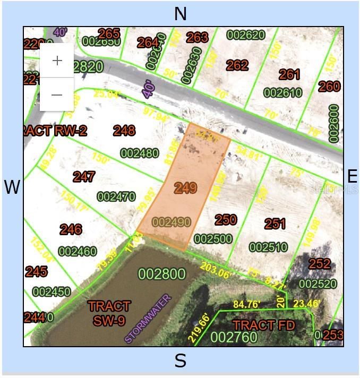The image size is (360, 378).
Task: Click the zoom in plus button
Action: click(57, 61)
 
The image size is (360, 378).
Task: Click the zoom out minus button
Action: click(57, 94)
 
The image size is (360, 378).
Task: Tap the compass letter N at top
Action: click(181, 14)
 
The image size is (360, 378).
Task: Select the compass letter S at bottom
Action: click(181, 361)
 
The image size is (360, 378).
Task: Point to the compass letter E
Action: click(352, 176)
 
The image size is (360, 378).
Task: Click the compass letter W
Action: click(12, 187)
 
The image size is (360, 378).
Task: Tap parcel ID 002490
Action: click(171, 222)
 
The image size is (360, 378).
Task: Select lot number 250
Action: click(225, 219)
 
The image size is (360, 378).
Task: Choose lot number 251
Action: click(275, 224)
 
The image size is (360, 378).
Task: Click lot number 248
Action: click(124, 130)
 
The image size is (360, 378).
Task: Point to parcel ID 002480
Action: click(140, 153)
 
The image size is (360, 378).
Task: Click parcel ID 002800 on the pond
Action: click(162, 274)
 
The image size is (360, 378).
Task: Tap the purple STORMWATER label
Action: click(149, 318)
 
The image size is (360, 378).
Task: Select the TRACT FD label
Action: click(261, 325)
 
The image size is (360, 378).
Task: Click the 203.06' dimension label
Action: click(217, 268)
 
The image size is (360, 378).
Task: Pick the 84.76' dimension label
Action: click(246, 304)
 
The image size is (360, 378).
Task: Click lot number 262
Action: click(237, 65)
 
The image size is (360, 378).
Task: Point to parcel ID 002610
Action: click(283, 93)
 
